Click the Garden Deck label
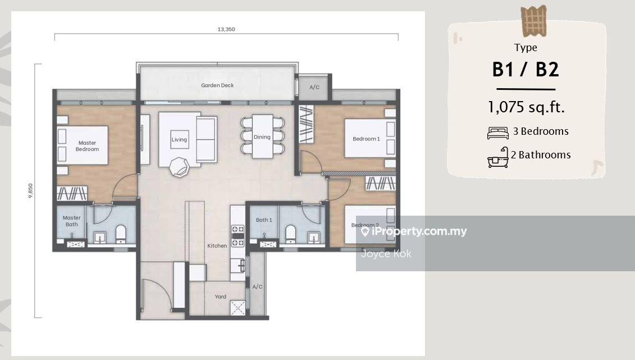click(x=217, y=85)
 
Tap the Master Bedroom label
click(x=87, y=146)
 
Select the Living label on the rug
click(x=179, y=140)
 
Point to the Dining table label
click(x=262, y=137)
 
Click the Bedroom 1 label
click(x=366, y=139)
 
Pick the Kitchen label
click(x=217, y=246)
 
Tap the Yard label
click(x=220, y=297)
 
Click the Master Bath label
click(x=72, y=221)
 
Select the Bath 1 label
click(x=264, y=220)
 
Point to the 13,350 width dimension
click(x=226, y=29)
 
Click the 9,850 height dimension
click(x=30, y=191)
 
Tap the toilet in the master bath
click(x=121, y=234)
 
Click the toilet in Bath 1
click(x=290, y=234)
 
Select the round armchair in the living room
click(x=179, y=166)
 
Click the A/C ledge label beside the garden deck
click(x=314, y=87)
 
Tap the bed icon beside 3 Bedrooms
click(x=497, y=133)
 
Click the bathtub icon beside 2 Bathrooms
click(x=498, y=157)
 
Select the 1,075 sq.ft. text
click(x=526, y=107)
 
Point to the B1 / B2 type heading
click(x=526, y=69)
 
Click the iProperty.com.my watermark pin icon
click(x=365, y=231)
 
